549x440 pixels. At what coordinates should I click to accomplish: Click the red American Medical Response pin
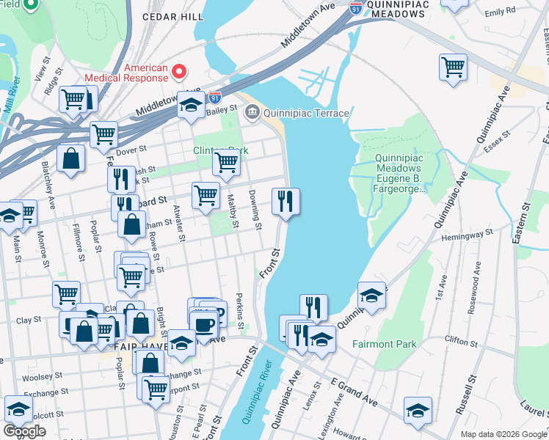click(x=179, y=71)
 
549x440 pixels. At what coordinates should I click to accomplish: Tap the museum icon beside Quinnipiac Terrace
click(x=252, y=112)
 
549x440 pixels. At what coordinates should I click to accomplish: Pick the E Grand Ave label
click(x=354, y=393)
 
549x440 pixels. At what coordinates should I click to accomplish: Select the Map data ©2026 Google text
click(x=503, y=434)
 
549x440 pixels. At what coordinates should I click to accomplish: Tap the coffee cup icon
click(x=203, y=323)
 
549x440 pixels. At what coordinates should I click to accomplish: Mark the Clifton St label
click(x=462, y=340)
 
